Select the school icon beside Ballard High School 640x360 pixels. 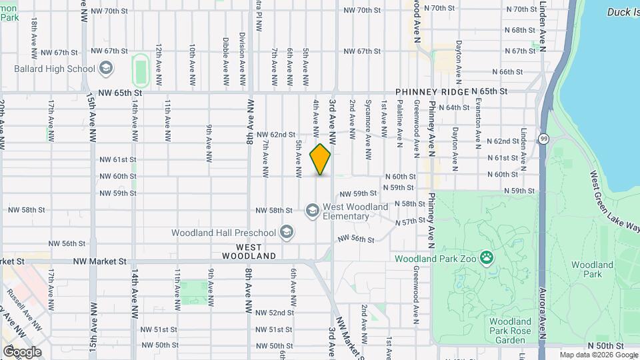[x=105, y=68]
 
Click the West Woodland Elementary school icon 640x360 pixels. [x=312, y=211]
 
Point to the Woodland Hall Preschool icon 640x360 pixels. [x=287, y=233]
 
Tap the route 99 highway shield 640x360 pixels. [x=544, y=139]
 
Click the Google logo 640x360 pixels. [x=21, y=351]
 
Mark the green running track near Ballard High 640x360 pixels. [x=140, y=68]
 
